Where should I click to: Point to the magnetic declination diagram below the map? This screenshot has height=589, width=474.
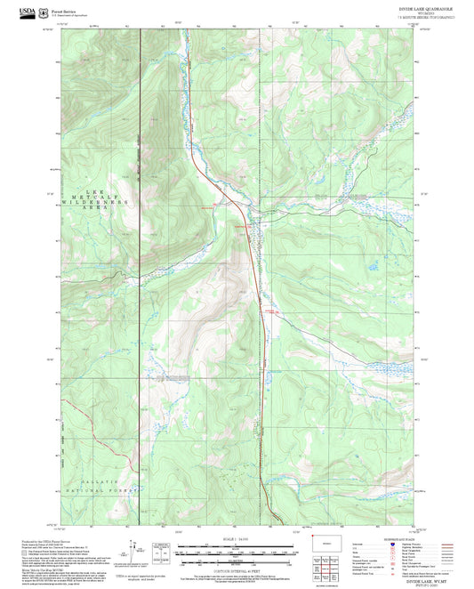click(139, 551)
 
